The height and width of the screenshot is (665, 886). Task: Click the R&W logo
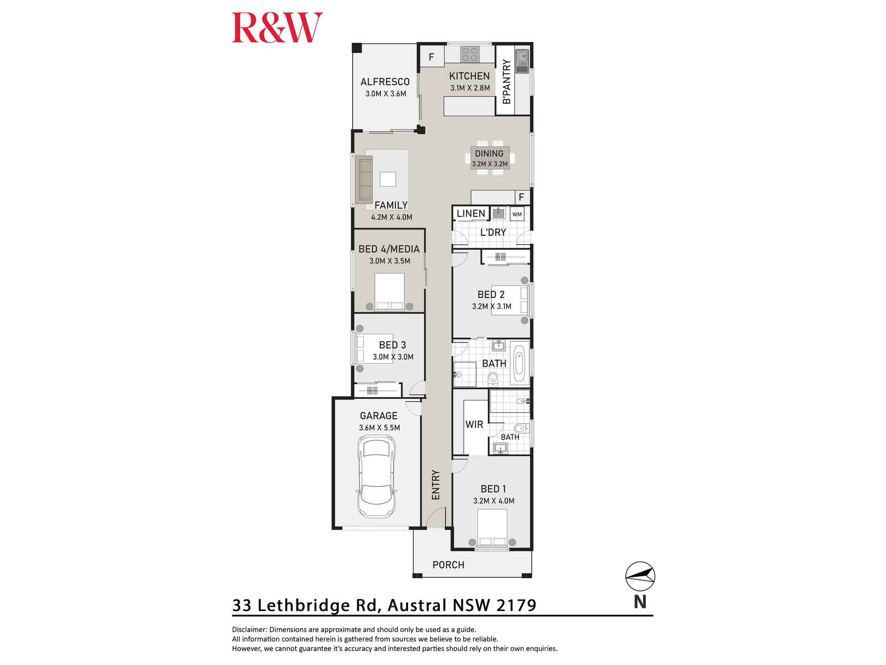click(277, 27)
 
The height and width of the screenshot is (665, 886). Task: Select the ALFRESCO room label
click(385, 82)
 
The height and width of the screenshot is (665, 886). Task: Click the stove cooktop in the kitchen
click(470, 54)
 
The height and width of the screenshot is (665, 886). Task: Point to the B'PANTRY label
click(507, 82)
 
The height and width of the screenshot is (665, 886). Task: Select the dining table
click(490, 158)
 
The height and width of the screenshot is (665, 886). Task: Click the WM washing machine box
click(517, 214)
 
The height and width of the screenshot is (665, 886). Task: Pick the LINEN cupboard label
click(471, 213)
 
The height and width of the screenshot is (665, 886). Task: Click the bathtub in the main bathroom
click(519, 363)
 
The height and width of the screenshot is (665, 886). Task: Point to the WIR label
click(474, 424)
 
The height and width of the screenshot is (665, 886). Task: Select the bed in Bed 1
click(492, 528)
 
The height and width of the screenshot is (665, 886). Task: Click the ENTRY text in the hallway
click(436, 485)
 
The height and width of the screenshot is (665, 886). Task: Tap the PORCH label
click(448, 565)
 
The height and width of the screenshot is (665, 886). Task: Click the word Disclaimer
click(249, 630)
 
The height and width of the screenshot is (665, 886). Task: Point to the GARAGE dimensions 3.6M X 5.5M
click(379, 428)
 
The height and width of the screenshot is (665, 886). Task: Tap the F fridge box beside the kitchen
click(431, 57)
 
